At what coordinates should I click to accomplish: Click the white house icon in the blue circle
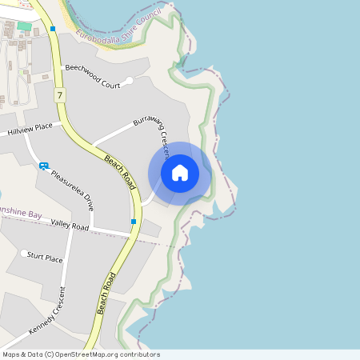[180, 172]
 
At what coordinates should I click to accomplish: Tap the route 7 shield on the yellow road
[60, 95]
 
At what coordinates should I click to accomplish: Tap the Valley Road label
[69, 226]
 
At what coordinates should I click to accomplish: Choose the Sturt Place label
[45, 258]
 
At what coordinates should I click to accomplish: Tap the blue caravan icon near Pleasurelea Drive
[43, 166]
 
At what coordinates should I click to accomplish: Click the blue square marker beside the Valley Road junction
[133, 221]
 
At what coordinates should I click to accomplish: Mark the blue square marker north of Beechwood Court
[53, 29]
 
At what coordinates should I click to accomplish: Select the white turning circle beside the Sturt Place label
[23, 252]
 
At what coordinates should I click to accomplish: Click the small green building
[24, 26]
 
